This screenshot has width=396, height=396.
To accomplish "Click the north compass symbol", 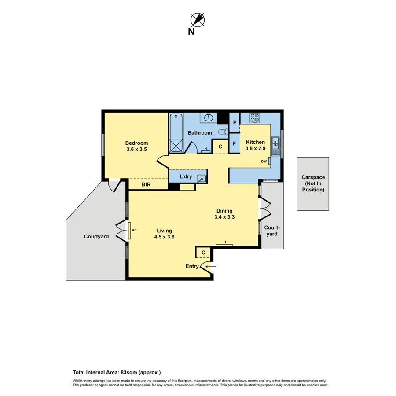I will pos(198,20).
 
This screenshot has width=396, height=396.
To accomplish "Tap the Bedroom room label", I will pos(136,143).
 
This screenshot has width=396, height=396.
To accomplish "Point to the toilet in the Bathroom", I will pos(223,131).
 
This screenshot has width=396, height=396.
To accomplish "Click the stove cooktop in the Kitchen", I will pos(255,117).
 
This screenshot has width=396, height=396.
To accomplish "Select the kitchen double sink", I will pos(275,147).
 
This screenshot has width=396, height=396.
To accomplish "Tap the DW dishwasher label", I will pos(264,161).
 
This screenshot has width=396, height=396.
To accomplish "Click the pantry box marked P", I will pos(235,122).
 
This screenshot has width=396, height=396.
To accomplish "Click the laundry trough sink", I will pos(202,178).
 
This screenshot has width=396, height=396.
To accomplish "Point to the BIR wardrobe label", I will pos(146,185).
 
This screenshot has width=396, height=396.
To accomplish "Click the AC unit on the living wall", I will pos(130,230).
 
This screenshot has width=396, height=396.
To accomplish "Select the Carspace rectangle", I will pos(313,183).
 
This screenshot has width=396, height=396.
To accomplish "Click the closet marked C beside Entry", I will pos(203,253).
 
